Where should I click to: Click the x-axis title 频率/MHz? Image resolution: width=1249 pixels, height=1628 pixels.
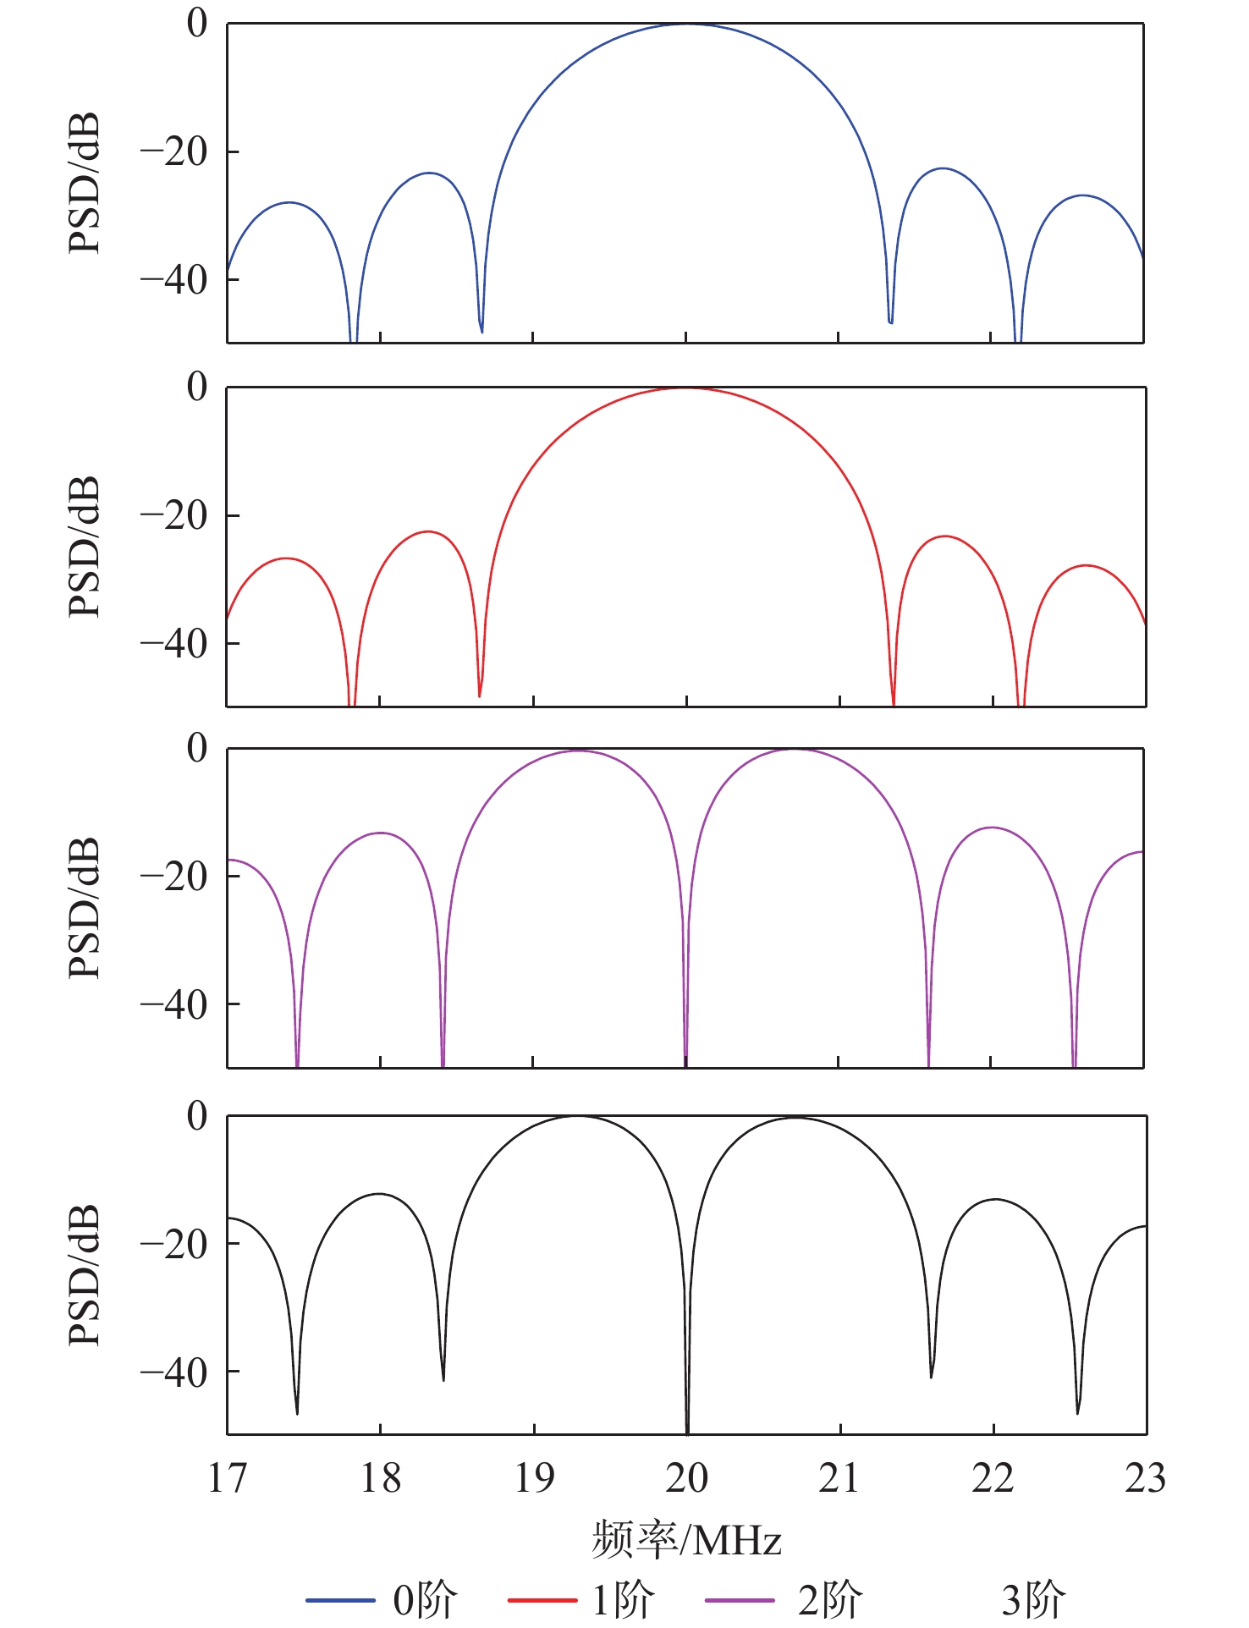coord(686,1539)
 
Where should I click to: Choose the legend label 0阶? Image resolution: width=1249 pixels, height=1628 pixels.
coord(425,1600)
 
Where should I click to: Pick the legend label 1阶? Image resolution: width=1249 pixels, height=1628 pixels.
coord(623,1600)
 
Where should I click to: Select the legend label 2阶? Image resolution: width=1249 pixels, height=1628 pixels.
coord(829,1600)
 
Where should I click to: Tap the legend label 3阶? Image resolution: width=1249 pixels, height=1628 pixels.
coord(1033,1600)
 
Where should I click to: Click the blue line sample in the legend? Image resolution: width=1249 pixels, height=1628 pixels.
coord(340,1600)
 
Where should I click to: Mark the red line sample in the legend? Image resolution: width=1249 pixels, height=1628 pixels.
coord(542,1600)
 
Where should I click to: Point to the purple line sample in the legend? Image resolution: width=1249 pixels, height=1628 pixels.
coord(740,1600)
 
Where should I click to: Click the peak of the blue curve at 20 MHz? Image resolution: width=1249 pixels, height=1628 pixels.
coord(686,25)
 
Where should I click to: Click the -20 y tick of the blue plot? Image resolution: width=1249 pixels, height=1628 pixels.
coord(173,152)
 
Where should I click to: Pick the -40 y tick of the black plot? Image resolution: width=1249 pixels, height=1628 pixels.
coord(173,1372)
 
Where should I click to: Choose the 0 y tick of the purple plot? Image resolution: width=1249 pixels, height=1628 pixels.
coord(197,748)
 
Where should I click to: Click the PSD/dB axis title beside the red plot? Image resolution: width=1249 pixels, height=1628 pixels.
coord(84,547)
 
